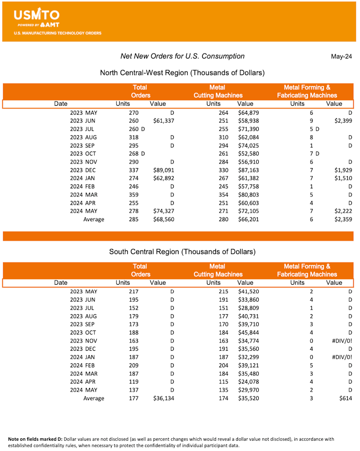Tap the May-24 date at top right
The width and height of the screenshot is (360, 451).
pos(341,57)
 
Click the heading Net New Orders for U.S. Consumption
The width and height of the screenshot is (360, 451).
pos(182,56)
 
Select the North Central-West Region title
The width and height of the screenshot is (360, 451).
pos(182,72)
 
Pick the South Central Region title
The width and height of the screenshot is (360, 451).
pos(182,251)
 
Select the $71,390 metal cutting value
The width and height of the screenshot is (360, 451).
pos(248,129)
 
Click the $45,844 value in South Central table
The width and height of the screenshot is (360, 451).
pos(248,332)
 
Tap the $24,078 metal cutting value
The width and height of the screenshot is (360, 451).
pos(248,382)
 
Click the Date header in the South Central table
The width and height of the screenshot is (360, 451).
pos(61,283)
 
